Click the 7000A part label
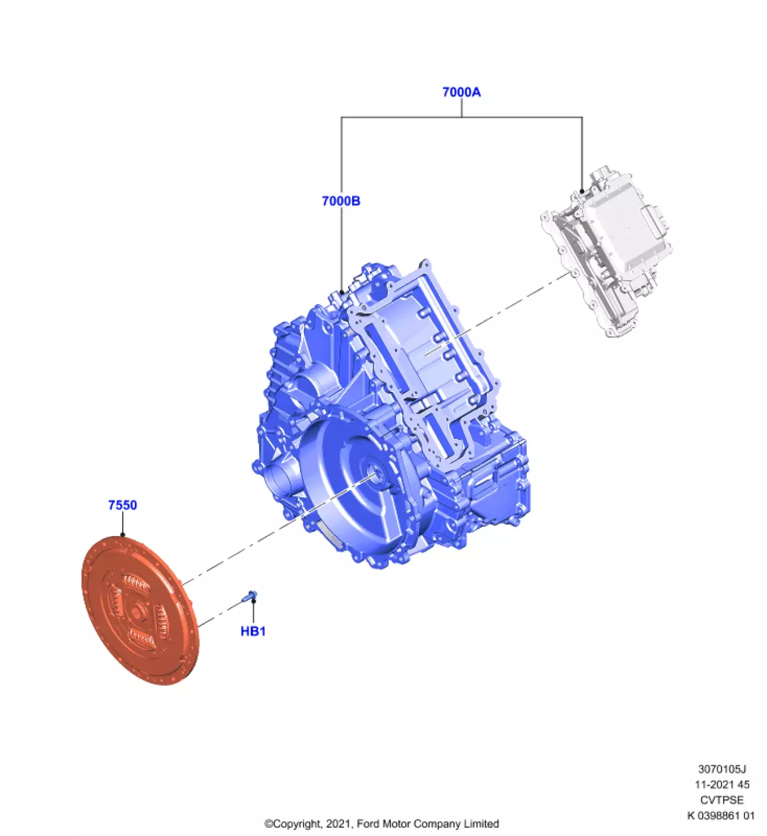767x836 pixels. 461,92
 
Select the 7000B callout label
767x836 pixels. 341,201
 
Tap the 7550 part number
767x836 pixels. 123,505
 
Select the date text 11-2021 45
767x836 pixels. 722,785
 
